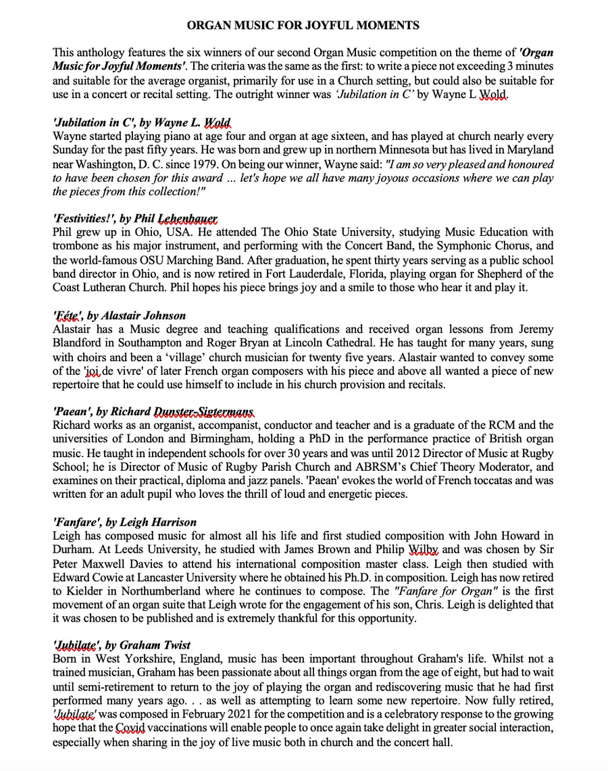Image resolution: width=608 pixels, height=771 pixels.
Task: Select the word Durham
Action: click(72, 551)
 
